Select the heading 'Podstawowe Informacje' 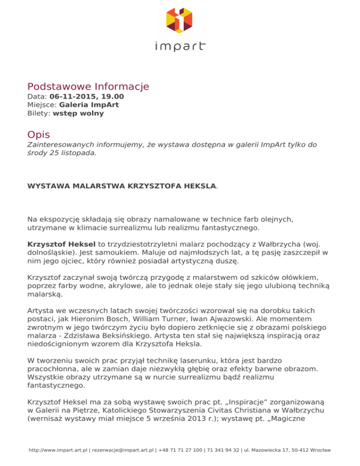pos(88,87)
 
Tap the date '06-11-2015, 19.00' pos(87,97)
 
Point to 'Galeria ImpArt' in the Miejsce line pos(89,105)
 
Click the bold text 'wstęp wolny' pos(78,113)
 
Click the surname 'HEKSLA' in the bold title pos(199,186)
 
